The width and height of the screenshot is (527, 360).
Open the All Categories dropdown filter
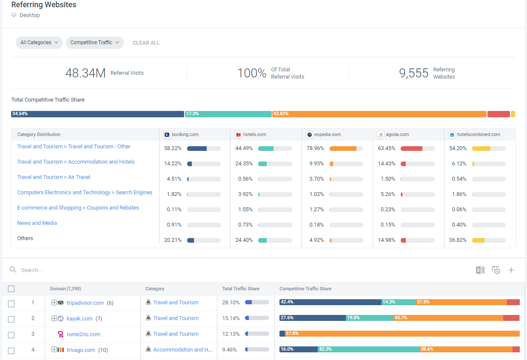[39, 43]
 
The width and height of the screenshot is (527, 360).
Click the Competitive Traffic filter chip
[94, 43]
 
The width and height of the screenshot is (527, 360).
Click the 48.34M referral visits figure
[85, 73]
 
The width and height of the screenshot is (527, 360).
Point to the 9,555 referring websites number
[413, 73]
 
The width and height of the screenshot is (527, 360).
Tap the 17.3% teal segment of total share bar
[228, 114]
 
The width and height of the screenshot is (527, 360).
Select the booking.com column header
[185, 134]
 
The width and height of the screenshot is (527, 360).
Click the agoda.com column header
[397, 134]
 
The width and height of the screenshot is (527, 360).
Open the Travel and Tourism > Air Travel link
[54, 177]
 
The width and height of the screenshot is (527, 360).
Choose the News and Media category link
[37, 223]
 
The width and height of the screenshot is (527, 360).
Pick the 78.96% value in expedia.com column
[315, 148]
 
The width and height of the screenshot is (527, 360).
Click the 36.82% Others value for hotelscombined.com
[458, 240]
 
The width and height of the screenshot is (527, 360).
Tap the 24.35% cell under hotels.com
[244, 164]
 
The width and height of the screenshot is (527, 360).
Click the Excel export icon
[480, 270]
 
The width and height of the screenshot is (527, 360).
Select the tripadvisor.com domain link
[85, 303]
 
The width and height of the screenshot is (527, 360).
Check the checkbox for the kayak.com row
[11, 319]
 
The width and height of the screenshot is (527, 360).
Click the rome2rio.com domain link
[83, 334]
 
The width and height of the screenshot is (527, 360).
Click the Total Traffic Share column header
[241, 289]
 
